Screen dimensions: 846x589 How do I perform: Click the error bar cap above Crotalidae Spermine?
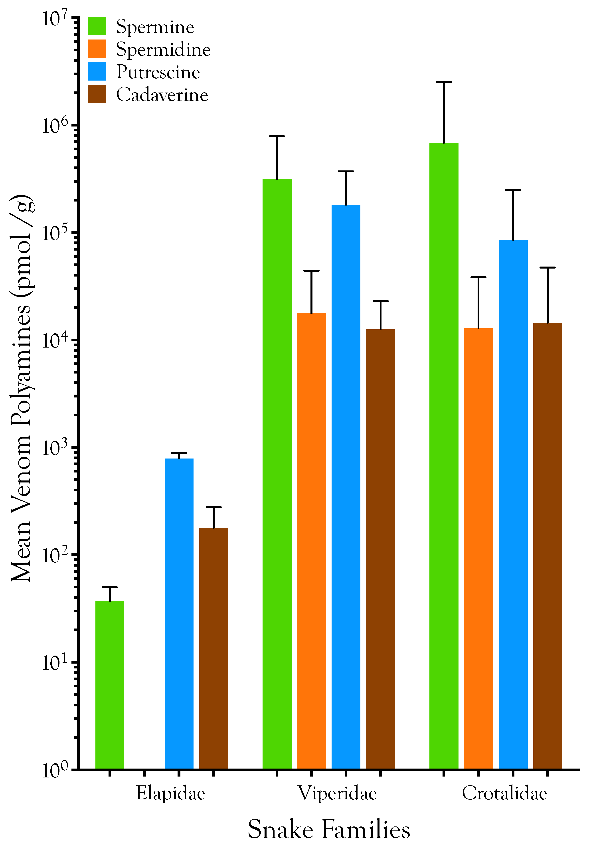point(444,82)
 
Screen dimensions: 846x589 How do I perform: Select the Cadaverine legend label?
point(162,95)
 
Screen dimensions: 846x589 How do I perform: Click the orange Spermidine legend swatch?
point(97,49)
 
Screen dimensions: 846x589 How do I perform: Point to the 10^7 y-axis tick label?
point(55,18)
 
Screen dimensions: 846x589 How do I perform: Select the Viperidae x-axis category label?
point(337,793)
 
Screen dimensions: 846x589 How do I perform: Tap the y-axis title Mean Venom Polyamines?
point(21,389)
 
